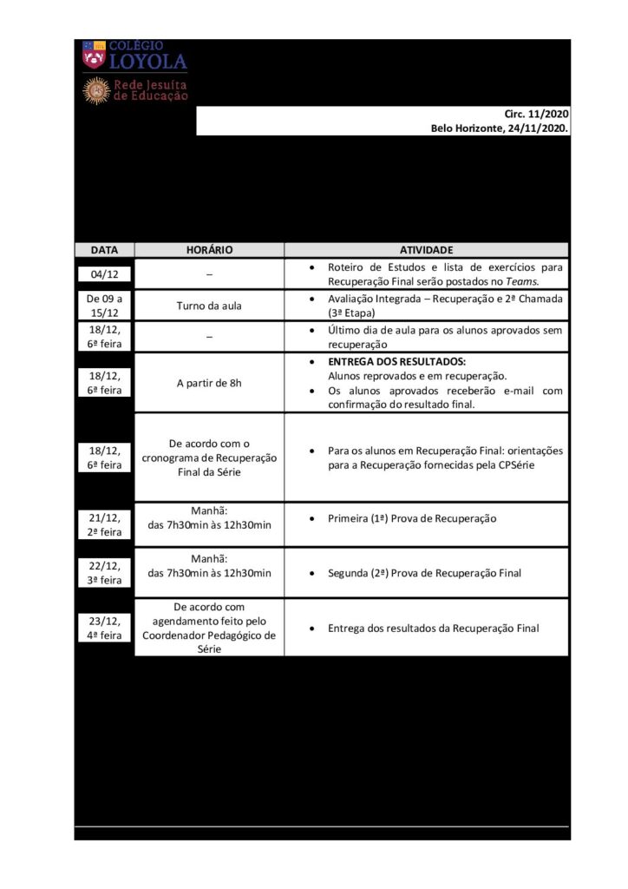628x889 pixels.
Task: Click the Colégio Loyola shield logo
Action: click(94, 56)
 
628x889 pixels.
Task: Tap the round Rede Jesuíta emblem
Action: click(95, 90)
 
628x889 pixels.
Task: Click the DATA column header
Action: click(104, 249)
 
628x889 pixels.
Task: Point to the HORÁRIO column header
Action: click(209, 249)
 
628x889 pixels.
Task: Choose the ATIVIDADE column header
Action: click(426, 249)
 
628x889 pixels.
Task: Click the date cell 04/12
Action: click(104, 274)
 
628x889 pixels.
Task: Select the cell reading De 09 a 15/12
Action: click(104, 305)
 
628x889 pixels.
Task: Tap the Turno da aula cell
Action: click(209, 305)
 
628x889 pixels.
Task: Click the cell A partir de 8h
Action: click(209, 383)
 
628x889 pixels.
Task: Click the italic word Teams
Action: click(524, 281)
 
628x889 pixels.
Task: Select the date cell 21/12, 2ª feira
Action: click(104, 524)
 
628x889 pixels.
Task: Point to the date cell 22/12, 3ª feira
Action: click(104, 572)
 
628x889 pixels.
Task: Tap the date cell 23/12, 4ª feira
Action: click(104, 628)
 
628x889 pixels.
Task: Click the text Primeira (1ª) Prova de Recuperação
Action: click(411, 518)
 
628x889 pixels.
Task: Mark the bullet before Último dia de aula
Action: click(311, 330)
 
